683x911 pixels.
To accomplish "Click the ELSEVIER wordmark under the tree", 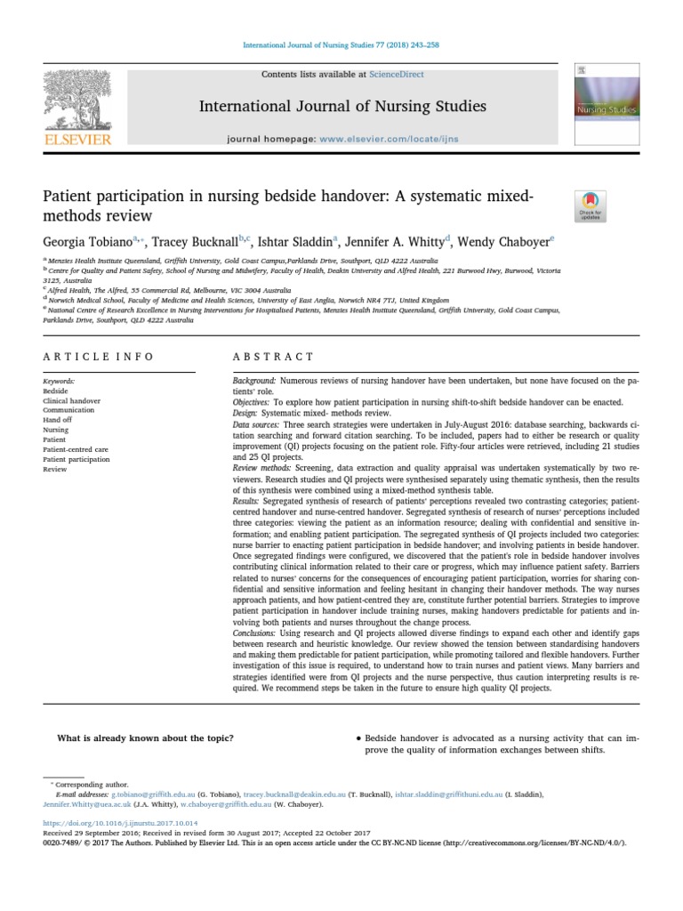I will click(78, 140).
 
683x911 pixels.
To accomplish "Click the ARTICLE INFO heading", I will click(98, 356).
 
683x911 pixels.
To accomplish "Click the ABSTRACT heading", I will click(261, 356).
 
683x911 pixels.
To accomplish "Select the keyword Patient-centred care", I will click(77, 449).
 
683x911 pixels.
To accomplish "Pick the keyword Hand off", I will click(58, 419).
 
